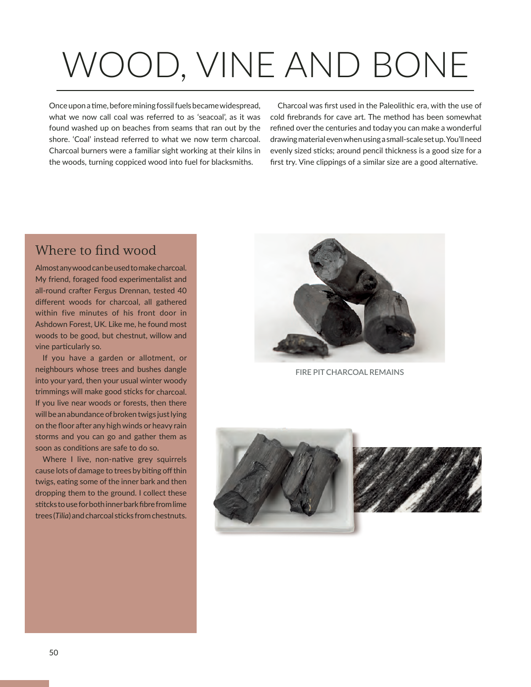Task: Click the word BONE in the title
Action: pos(420,65)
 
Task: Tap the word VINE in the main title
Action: pos(235,65)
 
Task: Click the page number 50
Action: pos(53,652)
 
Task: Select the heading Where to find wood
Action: pos(96,250)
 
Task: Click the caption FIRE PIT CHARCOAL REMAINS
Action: pos(349,372)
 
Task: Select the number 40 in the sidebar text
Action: pos(182,290)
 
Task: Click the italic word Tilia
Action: pos(62,515)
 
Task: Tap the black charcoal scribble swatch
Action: pos(417,479)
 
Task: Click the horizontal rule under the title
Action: pos(265,91)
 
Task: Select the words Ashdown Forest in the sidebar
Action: pos(63,324)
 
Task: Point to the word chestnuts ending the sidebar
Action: pos(168,515)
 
